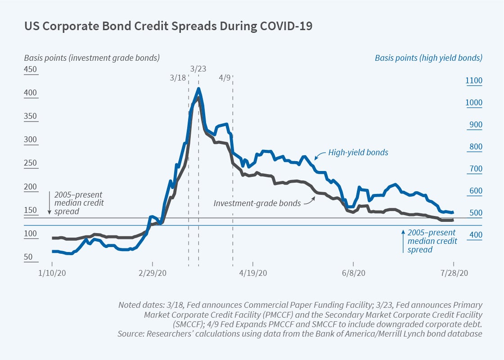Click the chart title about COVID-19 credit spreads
[168, 26]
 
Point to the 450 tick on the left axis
[31, 70]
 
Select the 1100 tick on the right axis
[474, 81]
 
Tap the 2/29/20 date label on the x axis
[153, 273]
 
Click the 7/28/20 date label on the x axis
[454, 273]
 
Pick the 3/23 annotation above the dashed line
[198, 69]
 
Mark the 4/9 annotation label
[225, 77]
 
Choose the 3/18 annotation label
[178, 77]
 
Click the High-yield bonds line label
[358, 153]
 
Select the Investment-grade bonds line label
[257, 203]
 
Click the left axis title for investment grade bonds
[92, 58]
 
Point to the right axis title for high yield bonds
[428, 58]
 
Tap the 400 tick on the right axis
[474, 235]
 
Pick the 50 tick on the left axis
[28, 257]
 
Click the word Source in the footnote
[130, 333]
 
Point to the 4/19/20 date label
[253, 273]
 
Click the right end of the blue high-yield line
[453, 212]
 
